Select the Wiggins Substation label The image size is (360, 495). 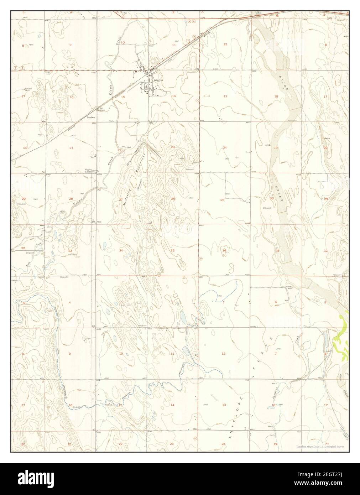coord(89,171)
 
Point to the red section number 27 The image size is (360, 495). coord(121,199)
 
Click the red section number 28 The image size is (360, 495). coord(71,199)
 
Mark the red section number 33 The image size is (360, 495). coord(70,251)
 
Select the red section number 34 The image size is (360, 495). coord(121,251)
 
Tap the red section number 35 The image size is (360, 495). coord(173,251)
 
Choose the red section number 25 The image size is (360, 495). coord(222,200)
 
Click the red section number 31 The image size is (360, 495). coord(277,251)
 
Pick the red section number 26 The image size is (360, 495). coord(173,199)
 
